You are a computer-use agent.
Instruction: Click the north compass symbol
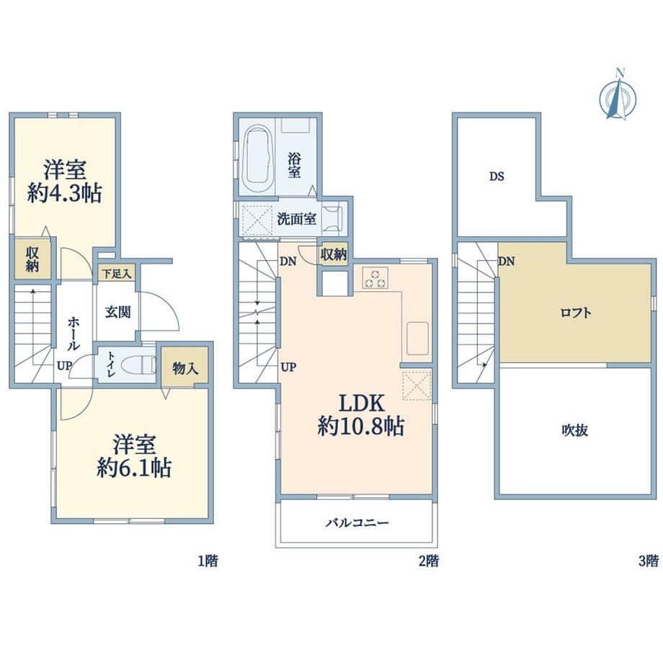(618, 96)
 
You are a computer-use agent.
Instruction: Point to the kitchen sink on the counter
(418, 338)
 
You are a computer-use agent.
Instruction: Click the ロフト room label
(576, 313)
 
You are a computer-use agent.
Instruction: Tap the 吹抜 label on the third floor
(574, 430)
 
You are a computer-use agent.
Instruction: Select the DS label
(497, 177)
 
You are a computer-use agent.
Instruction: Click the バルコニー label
(357, 523)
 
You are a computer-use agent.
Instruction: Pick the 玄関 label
(117, 313)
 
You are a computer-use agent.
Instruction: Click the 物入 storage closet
(184, 365)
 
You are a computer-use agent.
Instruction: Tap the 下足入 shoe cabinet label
(117, 274)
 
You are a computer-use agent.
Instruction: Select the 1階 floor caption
(208, 561)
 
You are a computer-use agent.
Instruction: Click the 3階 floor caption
(648, 561)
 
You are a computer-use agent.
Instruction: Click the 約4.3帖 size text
(65, 193)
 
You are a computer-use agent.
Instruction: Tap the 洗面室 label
(296, 219)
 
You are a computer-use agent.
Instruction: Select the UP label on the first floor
(65, 365)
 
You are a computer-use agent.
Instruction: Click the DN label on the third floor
(507, 262)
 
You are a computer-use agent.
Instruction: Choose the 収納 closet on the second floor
(334, 254)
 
